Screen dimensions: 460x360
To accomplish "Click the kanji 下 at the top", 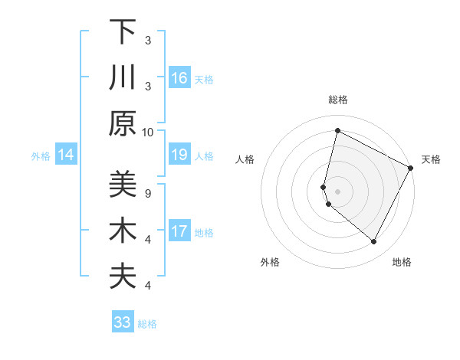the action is pyautogui.click(x=123, y=32).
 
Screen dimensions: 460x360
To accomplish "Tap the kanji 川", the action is pyautogui.click(x=123, y=78).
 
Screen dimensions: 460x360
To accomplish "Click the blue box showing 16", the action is pyautogui.click(x=179, y=78).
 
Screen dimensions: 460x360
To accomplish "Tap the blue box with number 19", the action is pyautogui.click(x=179, y=155).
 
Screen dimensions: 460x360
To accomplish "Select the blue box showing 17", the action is pyautogui.click(x=179, y=231).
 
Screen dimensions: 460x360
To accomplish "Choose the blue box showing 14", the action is pyautogui.click(x=66, y=155).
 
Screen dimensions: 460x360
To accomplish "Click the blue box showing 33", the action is pyautogui.click(x=123, y=322).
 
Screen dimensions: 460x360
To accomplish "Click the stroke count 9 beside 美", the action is pyautogui.click(x=148, y=193).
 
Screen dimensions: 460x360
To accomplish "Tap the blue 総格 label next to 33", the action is pyautogui.click(x=147, y=324).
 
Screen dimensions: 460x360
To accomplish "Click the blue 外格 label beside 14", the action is pyautogui.click(x=41, y=156).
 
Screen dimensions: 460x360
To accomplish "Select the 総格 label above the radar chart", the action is pyautogui.click(x=337, y=100).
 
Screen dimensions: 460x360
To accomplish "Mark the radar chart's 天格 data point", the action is pyautogui.click(x=411, y=168).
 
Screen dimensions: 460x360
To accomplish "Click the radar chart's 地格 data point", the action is pyautogui.click(x=374, y=242).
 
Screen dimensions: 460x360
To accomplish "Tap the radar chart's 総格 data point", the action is pyautogui.click(x=337, y=130).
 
